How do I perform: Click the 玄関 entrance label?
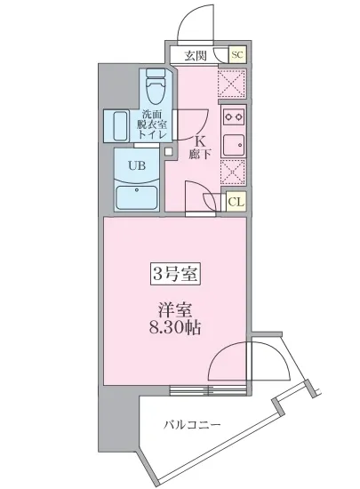[x=196, y=55]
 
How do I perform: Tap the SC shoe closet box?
[x=236, y=54]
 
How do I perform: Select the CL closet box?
[x=236, y=202]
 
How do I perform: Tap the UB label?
[x=138, y=165]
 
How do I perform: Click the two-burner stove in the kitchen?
[x=235, y=116]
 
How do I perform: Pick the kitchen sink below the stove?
[x=234, y=145]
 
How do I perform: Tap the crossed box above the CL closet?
[x=233, y=172]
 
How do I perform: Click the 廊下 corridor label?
[x=201, y=155]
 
